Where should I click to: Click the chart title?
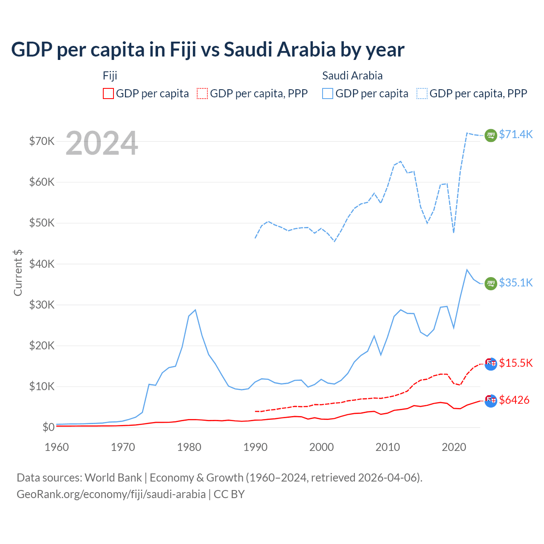207,50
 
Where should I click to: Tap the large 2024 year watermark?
102,143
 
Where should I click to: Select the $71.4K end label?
516,134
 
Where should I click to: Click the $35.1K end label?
516,283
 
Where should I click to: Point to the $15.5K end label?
516,363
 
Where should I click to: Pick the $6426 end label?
514,400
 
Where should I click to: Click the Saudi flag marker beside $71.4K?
491,135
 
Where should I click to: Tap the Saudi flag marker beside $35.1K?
491,283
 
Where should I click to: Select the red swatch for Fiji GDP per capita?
108,93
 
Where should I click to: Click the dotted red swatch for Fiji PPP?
202,93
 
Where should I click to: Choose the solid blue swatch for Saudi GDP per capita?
328,93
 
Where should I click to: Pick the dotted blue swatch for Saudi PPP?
422,93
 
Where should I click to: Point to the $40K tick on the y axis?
42,264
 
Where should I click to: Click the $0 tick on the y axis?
48,427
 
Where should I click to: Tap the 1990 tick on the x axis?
255,447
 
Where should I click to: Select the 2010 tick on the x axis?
388,447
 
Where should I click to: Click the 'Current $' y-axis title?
18,272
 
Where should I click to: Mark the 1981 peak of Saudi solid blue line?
195,310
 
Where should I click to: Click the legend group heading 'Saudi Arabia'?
352,76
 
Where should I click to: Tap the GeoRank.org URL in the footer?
111,494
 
